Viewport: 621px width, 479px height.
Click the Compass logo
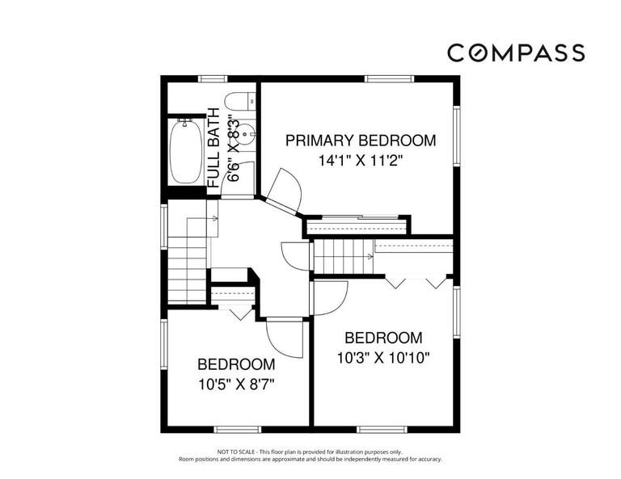tap(516, 53)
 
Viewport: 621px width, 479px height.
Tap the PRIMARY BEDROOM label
tap(361, 141)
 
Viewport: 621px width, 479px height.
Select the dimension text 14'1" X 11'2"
tap(361, 161)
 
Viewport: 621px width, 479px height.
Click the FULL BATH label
tap(213, 147)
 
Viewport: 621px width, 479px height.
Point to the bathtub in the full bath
tap(186, 151)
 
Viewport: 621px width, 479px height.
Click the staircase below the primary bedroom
tap(343, 258)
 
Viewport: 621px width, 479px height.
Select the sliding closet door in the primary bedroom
tap(356, 217)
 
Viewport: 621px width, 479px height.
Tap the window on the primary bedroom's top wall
tap(384, 78)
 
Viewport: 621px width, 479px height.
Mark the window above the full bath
tap(213, 78)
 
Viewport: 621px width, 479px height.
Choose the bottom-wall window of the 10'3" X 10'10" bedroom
tap(381, 427)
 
